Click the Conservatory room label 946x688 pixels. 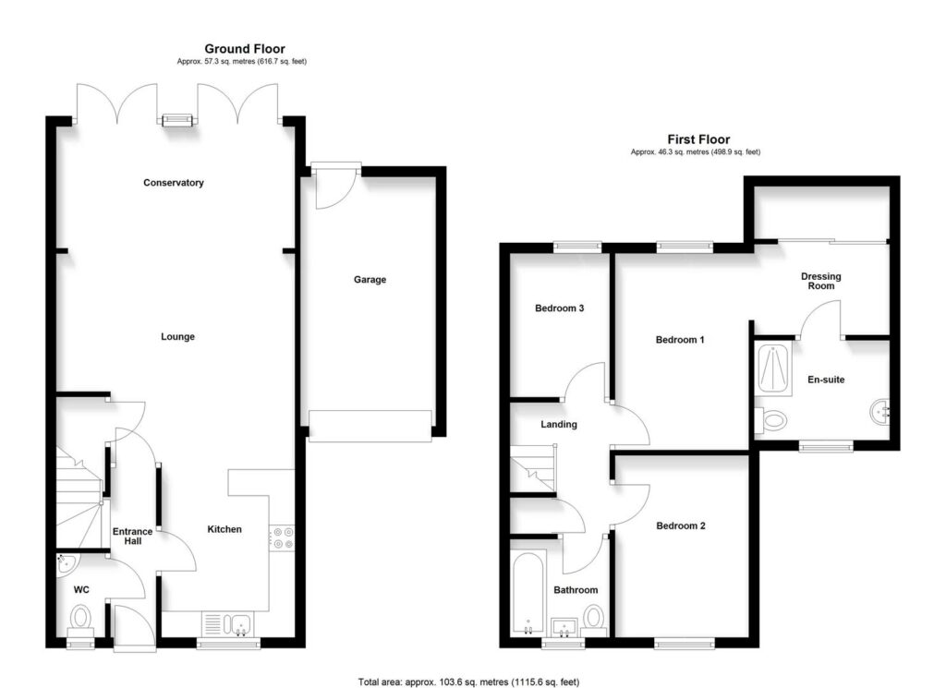tap(173, 183)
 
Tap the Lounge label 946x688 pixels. tap(178, 336)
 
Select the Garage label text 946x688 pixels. tap(370, 280)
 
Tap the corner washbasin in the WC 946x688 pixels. tap(66, 563)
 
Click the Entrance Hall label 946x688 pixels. tap(133, 536)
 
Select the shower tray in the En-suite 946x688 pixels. tap(774, 369)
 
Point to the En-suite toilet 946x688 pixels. tap(770, 419)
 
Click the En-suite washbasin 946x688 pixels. tap(879, 413)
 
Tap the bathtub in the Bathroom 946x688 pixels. tap(528, 593)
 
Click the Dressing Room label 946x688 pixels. tap(821, 281)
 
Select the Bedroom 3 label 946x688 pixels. tap(559, 308)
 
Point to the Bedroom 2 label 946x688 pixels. tap(681, 525)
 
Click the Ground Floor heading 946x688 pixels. tap(244, 49)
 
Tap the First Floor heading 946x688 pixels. tap(698, 139)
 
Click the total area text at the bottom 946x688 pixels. tap(468, 682)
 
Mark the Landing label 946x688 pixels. tap(559, 425)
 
